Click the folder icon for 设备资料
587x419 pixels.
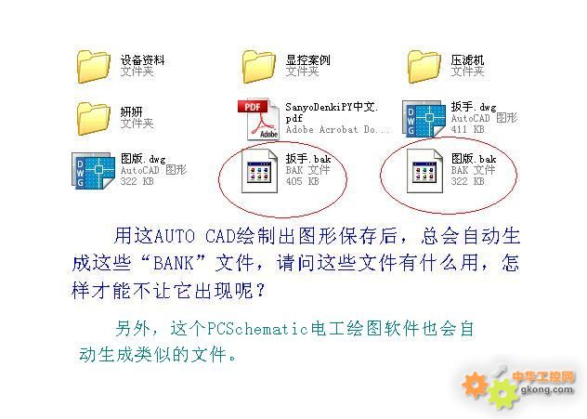click(94, 67)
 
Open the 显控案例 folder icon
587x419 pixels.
click(259, 67)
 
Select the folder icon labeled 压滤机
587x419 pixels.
click(424, 67)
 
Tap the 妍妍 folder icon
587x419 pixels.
click(94, 119)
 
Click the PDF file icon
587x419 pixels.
click(259, 119)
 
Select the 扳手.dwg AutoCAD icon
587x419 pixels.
click(424, 118)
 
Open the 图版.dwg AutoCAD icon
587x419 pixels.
click(93, 170)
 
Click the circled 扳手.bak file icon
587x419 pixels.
click(259, 171)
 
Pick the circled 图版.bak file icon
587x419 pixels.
click(424, 171)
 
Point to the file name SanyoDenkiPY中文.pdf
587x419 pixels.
click(332, 112)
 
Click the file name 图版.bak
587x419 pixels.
click(474, 159)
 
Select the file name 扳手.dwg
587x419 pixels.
click(474, 107)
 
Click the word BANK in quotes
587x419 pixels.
click(174, 263)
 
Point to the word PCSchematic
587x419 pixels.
click(258, 329)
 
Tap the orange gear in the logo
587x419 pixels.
click(476, 385)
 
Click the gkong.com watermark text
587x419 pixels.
click(546, 389)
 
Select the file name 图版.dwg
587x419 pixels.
click(143, 159)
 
